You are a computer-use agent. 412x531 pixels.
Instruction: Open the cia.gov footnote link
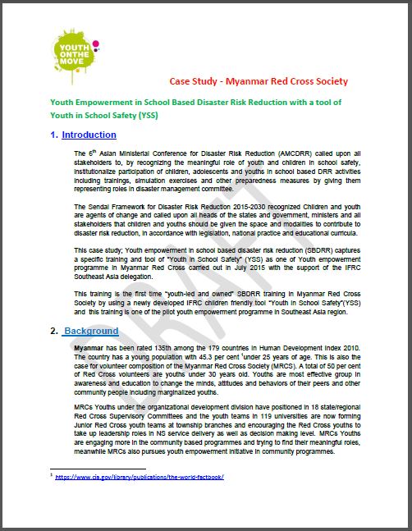[139, 476]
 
